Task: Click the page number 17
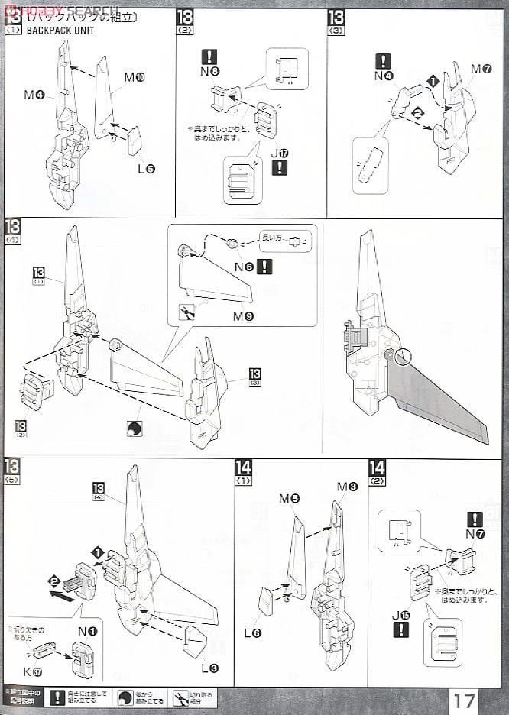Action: pos(464,699)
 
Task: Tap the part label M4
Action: pos(34,95)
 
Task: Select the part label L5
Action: pos(146,168)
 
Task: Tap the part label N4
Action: pos(384,76)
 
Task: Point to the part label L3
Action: pos(209,668)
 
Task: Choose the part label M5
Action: pos(290,499)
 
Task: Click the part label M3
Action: pos(348,487)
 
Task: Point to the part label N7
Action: pos(475,534)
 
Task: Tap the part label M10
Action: pos(135,77)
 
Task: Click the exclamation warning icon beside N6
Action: pos(264,267)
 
